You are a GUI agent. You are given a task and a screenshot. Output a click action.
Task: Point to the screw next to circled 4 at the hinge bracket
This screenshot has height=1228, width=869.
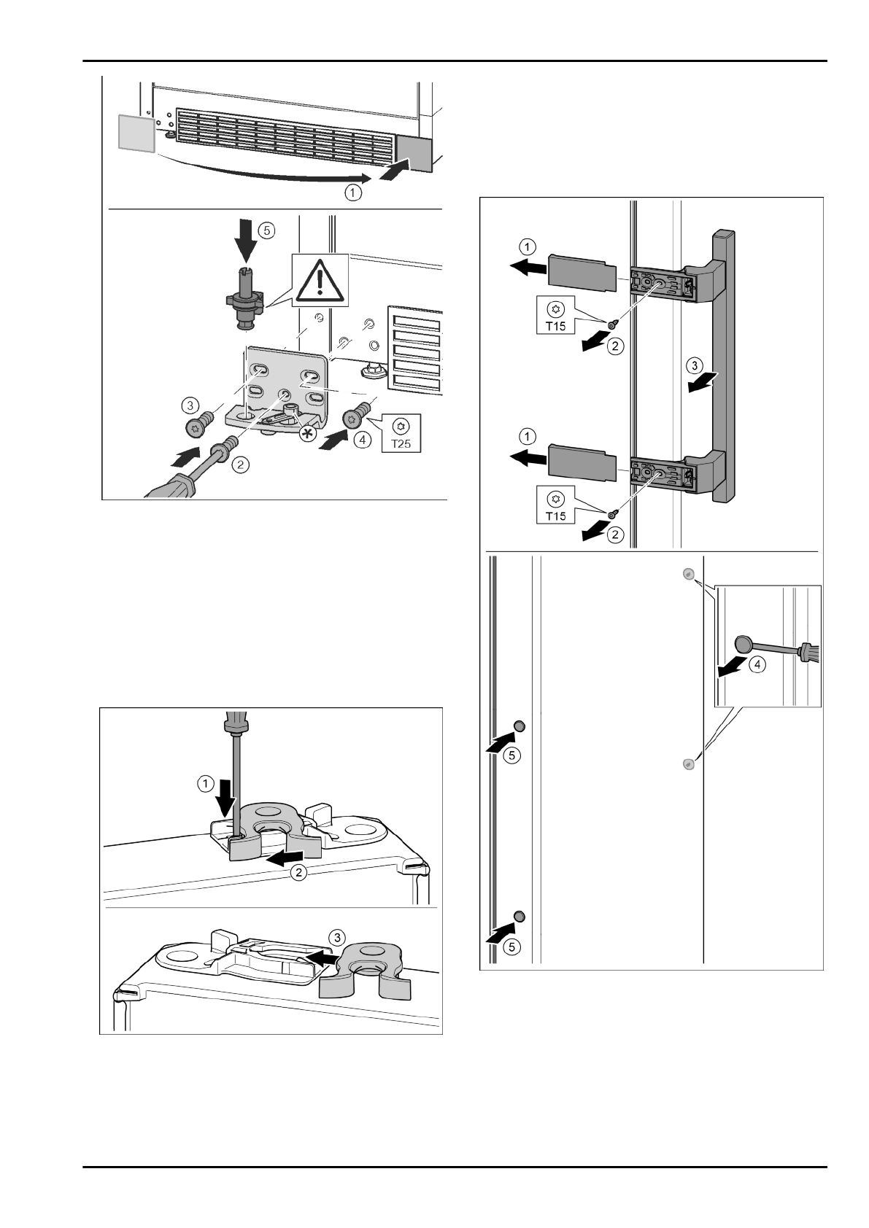pyautogui.click(x=353, y=418)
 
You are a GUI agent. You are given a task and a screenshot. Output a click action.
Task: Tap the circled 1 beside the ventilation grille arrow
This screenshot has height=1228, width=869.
pyautogui.click(x=353, y=193)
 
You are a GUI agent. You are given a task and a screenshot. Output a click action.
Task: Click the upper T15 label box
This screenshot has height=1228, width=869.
pyautogui.click(x=556, y=314)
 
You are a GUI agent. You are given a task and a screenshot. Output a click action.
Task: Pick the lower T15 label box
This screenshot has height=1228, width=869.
pyautogui.click(x=556, y=505)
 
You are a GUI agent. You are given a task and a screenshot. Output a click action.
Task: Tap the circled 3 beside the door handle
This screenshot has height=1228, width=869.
pyautogui.click(x=696, y=364)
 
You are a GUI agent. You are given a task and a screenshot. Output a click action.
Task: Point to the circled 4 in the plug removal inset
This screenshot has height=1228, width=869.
pyautogui.click(x=758, y=666)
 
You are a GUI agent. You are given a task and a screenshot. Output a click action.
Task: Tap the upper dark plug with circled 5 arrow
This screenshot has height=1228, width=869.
pyautogui.click(x=520, y=726)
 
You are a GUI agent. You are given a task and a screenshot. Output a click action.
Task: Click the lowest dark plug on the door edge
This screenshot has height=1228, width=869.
pyautogui.click(x=520, y=916)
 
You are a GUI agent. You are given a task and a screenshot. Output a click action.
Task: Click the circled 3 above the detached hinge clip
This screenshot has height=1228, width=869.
pyautogui.click(x=336, y=936)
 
